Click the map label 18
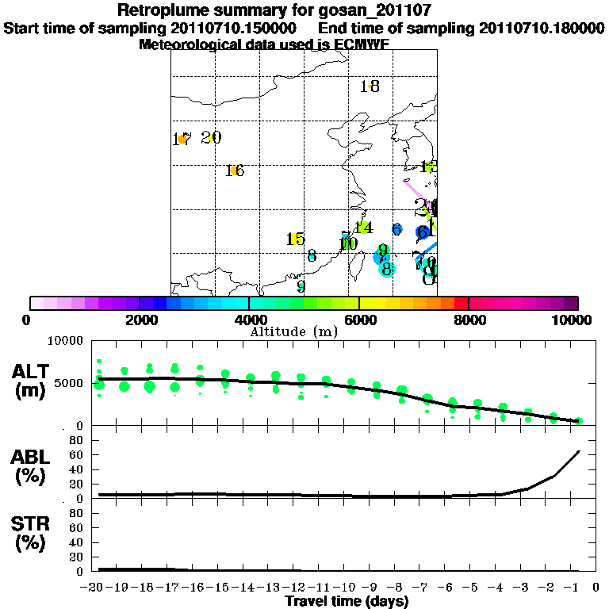(x=370, y=86)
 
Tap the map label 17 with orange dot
(x=182, y=140)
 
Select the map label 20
(x=211, y=138)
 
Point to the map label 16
(x=235, y=170)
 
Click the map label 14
(x=363, y=228)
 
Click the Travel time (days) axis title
(x=347, y=602)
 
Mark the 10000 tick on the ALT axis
(x=66, y=341)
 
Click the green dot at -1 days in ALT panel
(x=579, y=421)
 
